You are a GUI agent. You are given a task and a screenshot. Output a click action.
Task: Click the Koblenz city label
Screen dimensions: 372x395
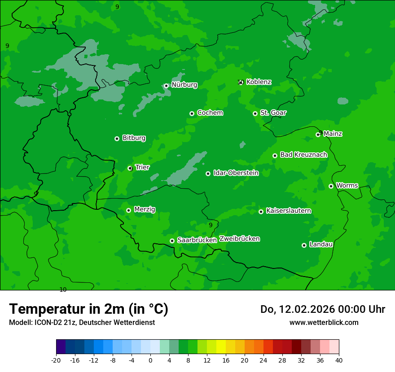pyautogui.click(x=259, y=82)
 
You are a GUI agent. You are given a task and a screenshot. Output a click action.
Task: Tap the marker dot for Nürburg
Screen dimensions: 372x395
pyautogui.click(x=166, y=86)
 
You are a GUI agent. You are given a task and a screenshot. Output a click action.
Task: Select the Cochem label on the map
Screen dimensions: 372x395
pyautogui.click(x=210, y=113)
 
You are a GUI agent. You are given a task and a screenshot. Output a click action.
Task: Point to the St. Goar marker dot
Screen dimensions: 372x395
pyautogui.click(x=255, y=113)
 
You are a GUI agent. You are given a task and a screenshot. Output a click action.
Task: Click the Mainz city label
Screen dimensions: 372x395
pyautogui.click(x=333, y=134)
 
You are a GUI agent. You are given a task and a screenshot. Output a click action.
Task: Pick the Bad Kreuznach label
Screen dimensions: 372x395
pyautogui.click(x=303, y=155)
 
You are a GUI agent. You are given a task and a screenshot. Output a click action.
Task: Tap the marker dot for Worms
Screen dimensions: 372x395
pyautogui.click(x=331, y=186)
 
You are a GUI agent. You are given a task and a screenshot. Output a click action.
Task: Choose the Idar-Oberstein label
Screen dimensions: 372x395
pyautogui.click(x=236, y=173)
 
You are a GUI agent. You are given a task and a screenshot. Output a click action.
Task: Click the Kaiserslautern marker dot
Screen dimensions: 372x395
pyautogui.click(x=261, y=212)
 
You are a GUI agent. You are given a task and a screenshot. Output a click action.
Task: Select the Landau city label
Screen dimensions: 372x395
pyautogui.click(x=321, y=244)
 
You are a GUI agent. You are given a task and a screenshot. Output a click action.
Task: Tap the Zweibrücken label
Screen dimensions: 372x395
pyautogui.click(x=239, y=239)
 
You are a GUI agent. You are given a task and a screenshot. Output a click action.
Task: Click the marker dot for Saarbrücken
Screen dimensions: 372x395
pyautogui.click(x=172, y=241)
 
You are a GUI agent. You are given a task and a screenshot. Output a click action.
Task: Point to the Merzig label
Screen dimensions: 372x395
pyautogui.click(x=145, y=209)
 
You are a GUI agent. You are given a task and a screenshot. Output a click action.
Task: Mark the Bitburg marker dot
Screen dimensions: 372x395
pyautogui.click(x=117, y=138)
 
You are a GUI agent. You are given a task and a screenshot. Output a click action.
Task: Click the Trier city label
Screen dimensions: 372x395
pyautogui.click(x=142, y=167)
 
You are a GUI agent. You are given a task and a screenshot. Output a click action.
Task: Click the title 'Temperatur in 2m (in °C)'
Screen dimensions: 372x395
pyautogui.click(x=88, y=309)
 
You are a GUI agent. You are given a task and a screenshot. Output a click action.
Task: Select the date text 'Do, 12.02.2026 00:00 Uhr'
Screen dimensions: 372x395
pyautogui.click(x=322, y=309)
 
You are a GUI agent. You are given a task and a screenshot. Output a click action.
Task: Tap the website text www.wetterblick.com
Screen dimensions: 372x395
pyautogui.click(x=324, y=323)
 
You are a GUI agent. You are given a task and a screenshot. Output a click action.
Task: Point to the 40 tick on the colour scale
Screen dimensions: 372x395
pyautogui.click(x=338, y=360)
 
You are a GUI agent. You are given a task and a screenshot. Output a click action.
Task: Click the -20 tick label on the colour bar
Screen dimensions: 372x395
pyautogui.click(x=56, y=360)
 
